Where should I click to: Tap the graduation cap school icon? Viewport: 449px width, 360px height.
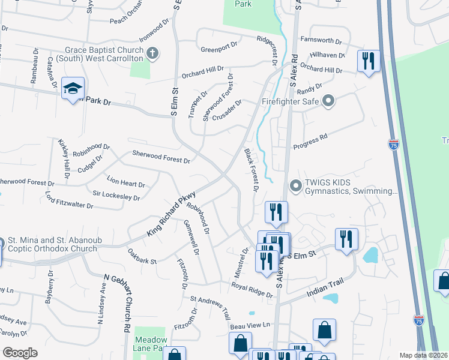pyautogui.click(x=73, y=89)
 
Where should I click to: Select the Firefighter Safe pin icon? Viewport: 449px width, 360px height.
pyautogui.click(x=328, y=101)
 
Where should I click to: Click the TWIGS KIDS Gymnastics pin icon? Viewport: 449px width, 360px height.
pyautogui.click(x=295, y=186)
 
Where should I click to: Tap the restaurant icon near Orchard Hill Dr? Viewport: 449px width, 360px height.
pyautogui.click(x=368, y=61)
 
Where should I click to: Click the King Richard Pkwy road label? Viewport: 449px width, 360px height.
pyautogui.click(x=172, y=213)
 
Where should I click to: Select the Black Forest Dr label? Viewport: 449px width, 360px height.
pyautogui.click(x=250, y=170)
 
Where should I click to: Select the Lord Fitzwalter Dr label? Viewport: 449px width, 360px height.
pyautogui.click(x=69, y=200)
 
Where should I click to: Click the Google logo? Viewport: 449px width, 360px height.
pyautogui.click(x=20, y=352)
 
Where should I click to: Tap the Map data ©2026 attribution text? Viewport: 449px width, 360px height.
pyautogui.click(x=423, y=355)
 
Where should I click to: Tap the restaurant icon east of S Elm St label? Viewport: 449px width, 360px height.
pyautogui.click(x=346, y=238)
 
